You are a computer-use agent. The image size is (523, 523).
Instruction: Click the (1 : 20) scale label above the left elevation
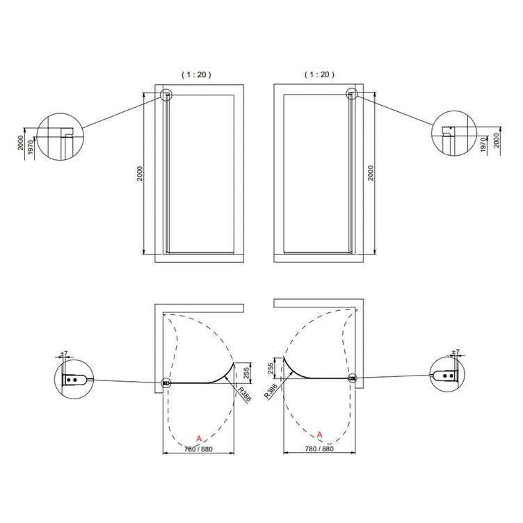click(196, 74)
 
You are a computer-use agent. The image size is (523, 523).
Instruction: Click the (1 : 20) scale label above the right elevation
click(319, 74)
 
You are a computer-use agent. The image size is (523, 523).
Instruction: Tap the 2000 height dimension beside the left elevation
click(140, 173)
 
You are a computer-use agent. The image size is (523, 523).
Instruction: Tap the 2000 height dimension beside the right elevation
click(371, 172)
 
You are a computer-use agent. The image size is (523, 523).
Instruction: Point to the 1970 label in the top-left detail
click(31, 147)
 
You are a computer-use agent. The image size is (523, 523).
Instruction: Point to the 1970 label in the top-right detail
click(484, 145)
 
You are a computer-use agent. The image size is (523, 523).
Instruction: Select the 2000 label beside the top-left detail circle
click(21, 143)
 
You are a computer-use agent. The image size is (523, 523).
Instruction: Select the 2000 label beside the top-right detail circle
click(497, 140)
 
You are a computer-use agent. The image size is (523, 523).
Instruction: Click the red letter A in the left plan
click(199, 439)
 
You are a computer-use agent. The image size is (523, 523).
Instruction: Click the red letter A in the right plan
click(319, 435)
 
